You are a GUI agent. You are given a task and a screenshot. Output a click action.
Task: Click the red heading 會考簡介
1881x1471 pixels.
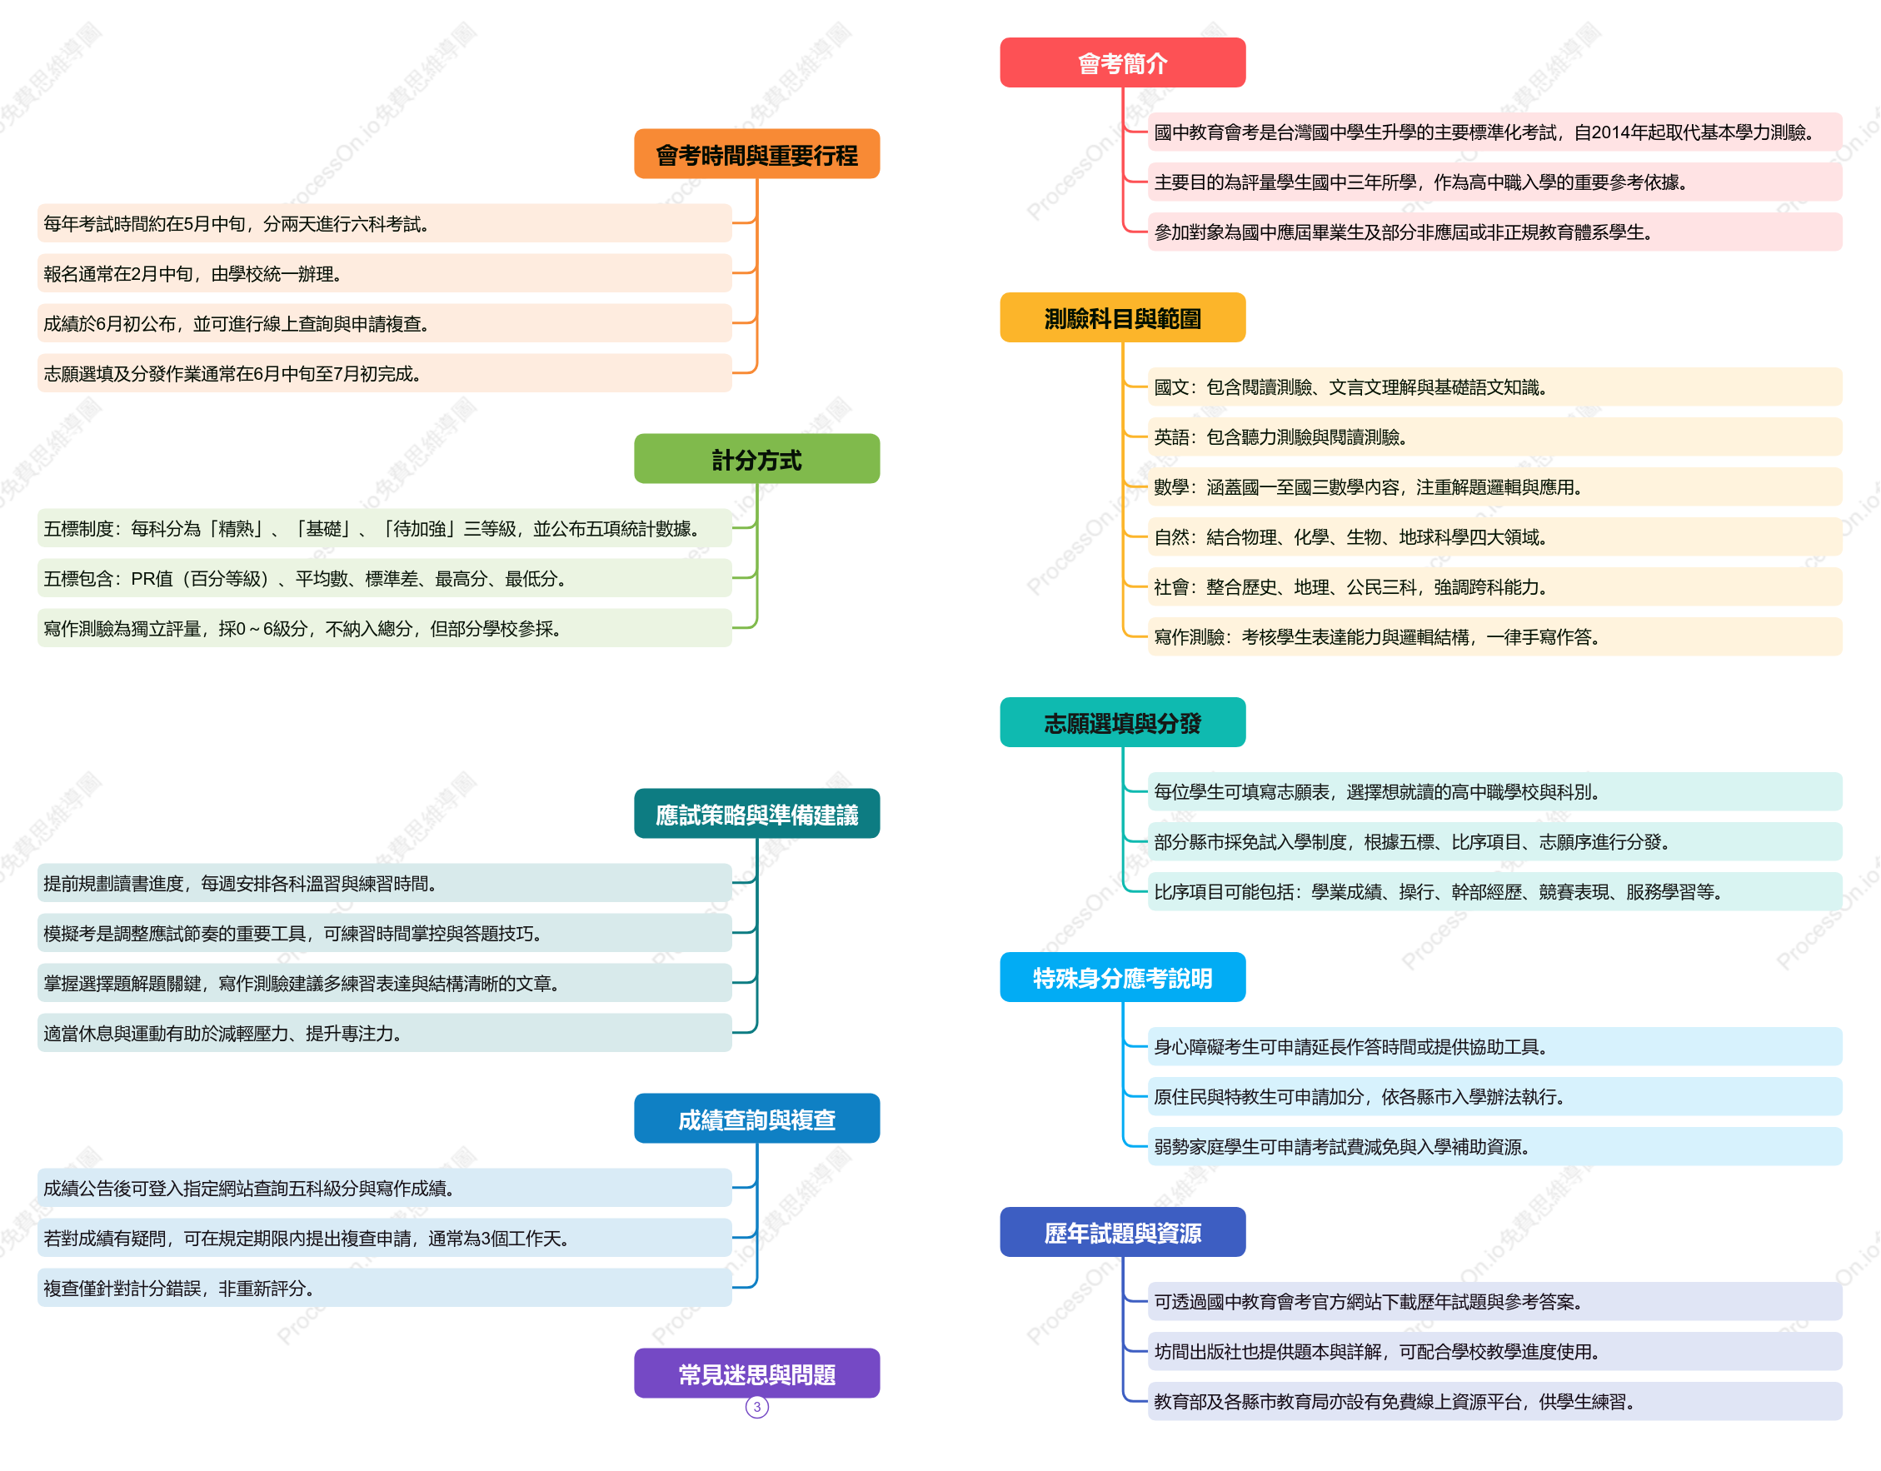click(x=1122, y=62)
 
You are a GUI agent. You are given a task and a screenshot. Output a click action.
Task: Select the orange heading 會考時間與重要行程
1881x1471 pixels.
click(x=757, y=154)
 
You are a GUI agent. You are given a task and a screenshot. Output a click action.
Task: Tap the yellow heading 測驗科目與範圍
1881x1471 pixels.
click(x=1122, y=318)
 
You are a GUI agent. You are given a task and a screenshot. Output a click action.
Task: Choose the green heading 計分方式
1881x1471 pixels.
click(x=757, y=459)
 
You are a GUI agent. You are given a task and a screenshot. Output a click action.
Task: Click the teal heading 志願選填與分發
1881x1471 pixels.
click(x=1122, y=722)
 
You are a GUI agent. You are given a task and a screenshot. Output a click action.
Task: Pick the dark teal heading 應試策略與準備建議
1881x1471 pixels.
click(x=757, y=814)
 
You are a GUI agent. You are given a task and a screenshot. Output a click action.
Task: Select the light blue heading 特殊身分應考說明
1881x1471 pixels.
click(x=1122, y=978)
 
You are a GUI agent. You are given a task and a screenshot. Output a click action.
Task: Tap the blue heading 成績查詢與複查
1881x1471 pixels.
click(x=757, y=1119)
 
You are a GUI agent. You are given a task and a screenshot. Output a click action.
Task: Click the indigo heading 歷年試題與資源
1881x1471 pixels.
click(x=1122, y=1233)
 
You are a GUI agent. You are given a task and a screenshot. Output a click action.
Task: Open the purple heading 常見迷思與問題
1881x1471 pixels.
click(x=757, y=1374)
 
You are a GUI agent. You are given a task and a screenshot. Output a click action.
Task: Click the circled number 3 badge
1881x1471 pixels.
click(x=757, y=1407)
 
